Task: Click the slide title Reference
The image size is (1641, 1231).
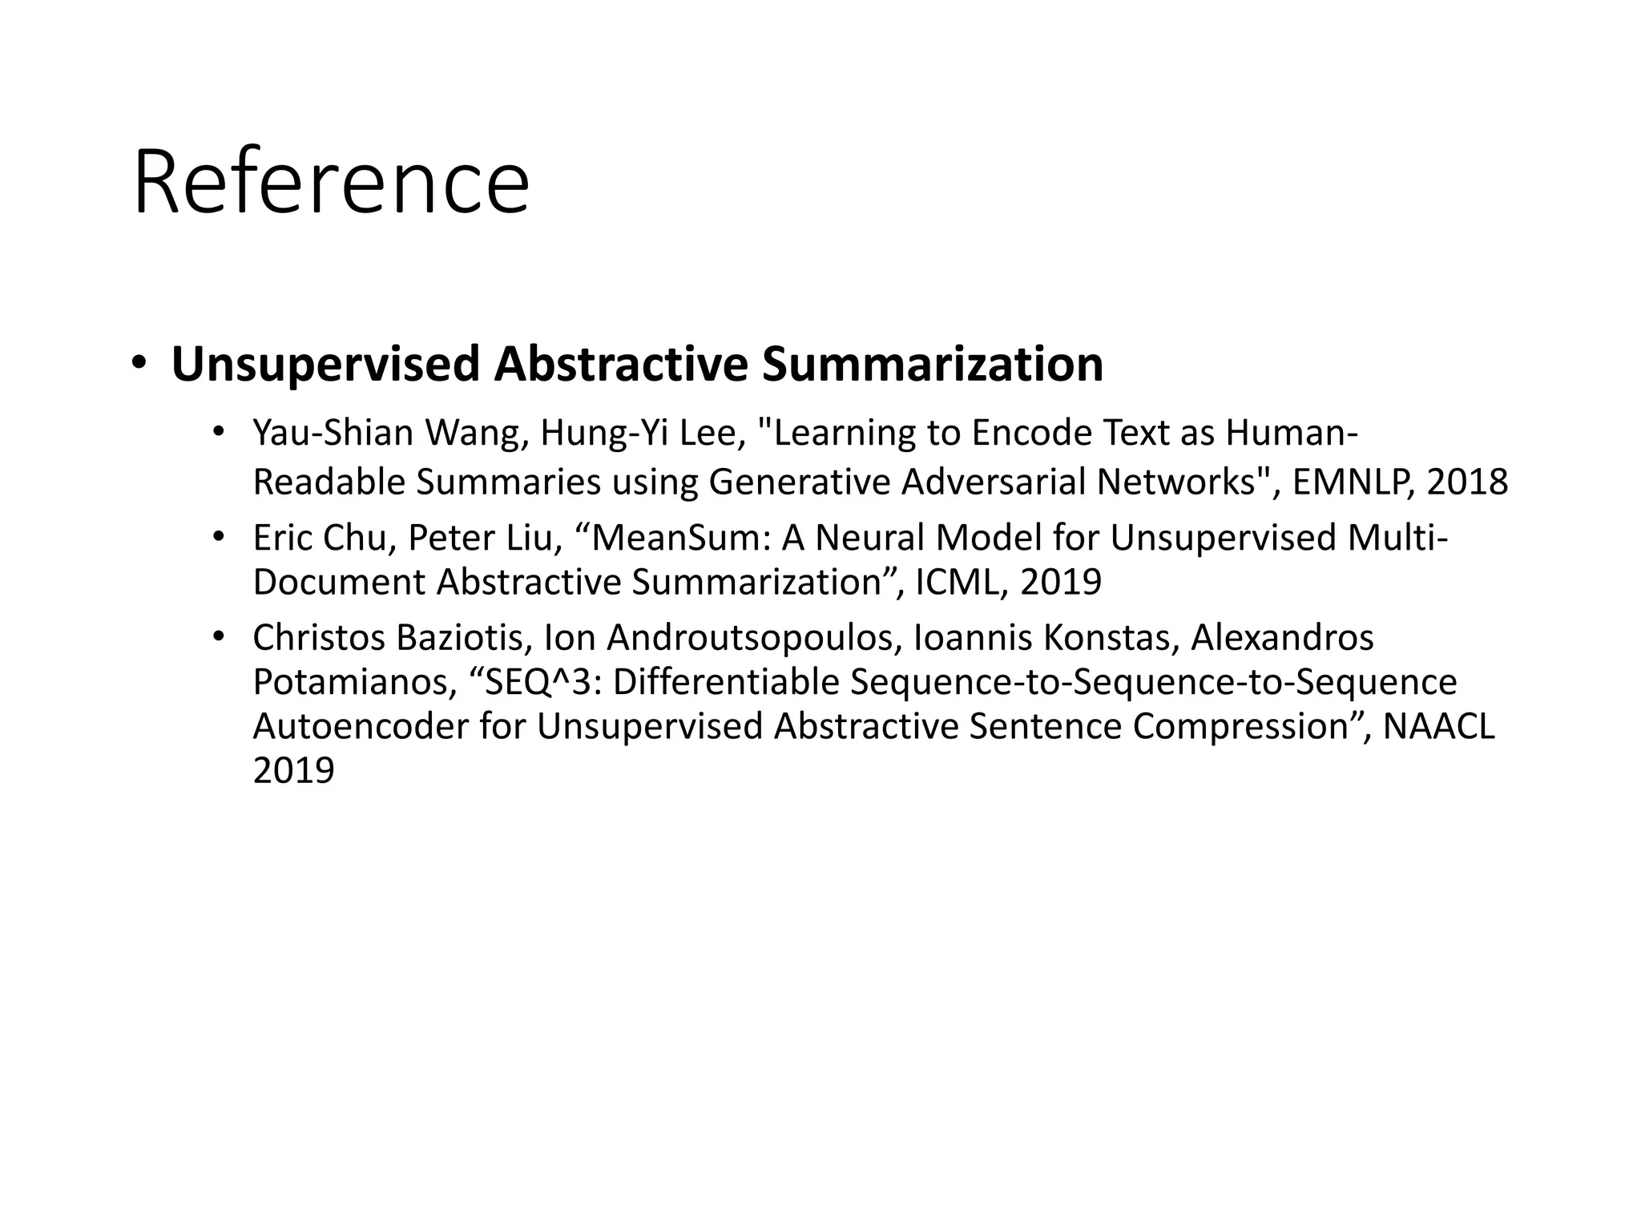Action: coord(331,183)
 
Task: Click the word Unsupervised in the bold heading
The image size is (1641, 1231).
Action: coord(325,365)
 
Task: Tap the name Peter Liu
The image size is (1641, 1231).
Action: coord(480,538)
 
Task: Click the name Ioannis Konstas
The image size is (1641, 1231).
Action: coord(1046,639)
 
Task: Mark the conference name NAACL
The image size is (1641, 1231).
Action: coord(1439,727)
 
